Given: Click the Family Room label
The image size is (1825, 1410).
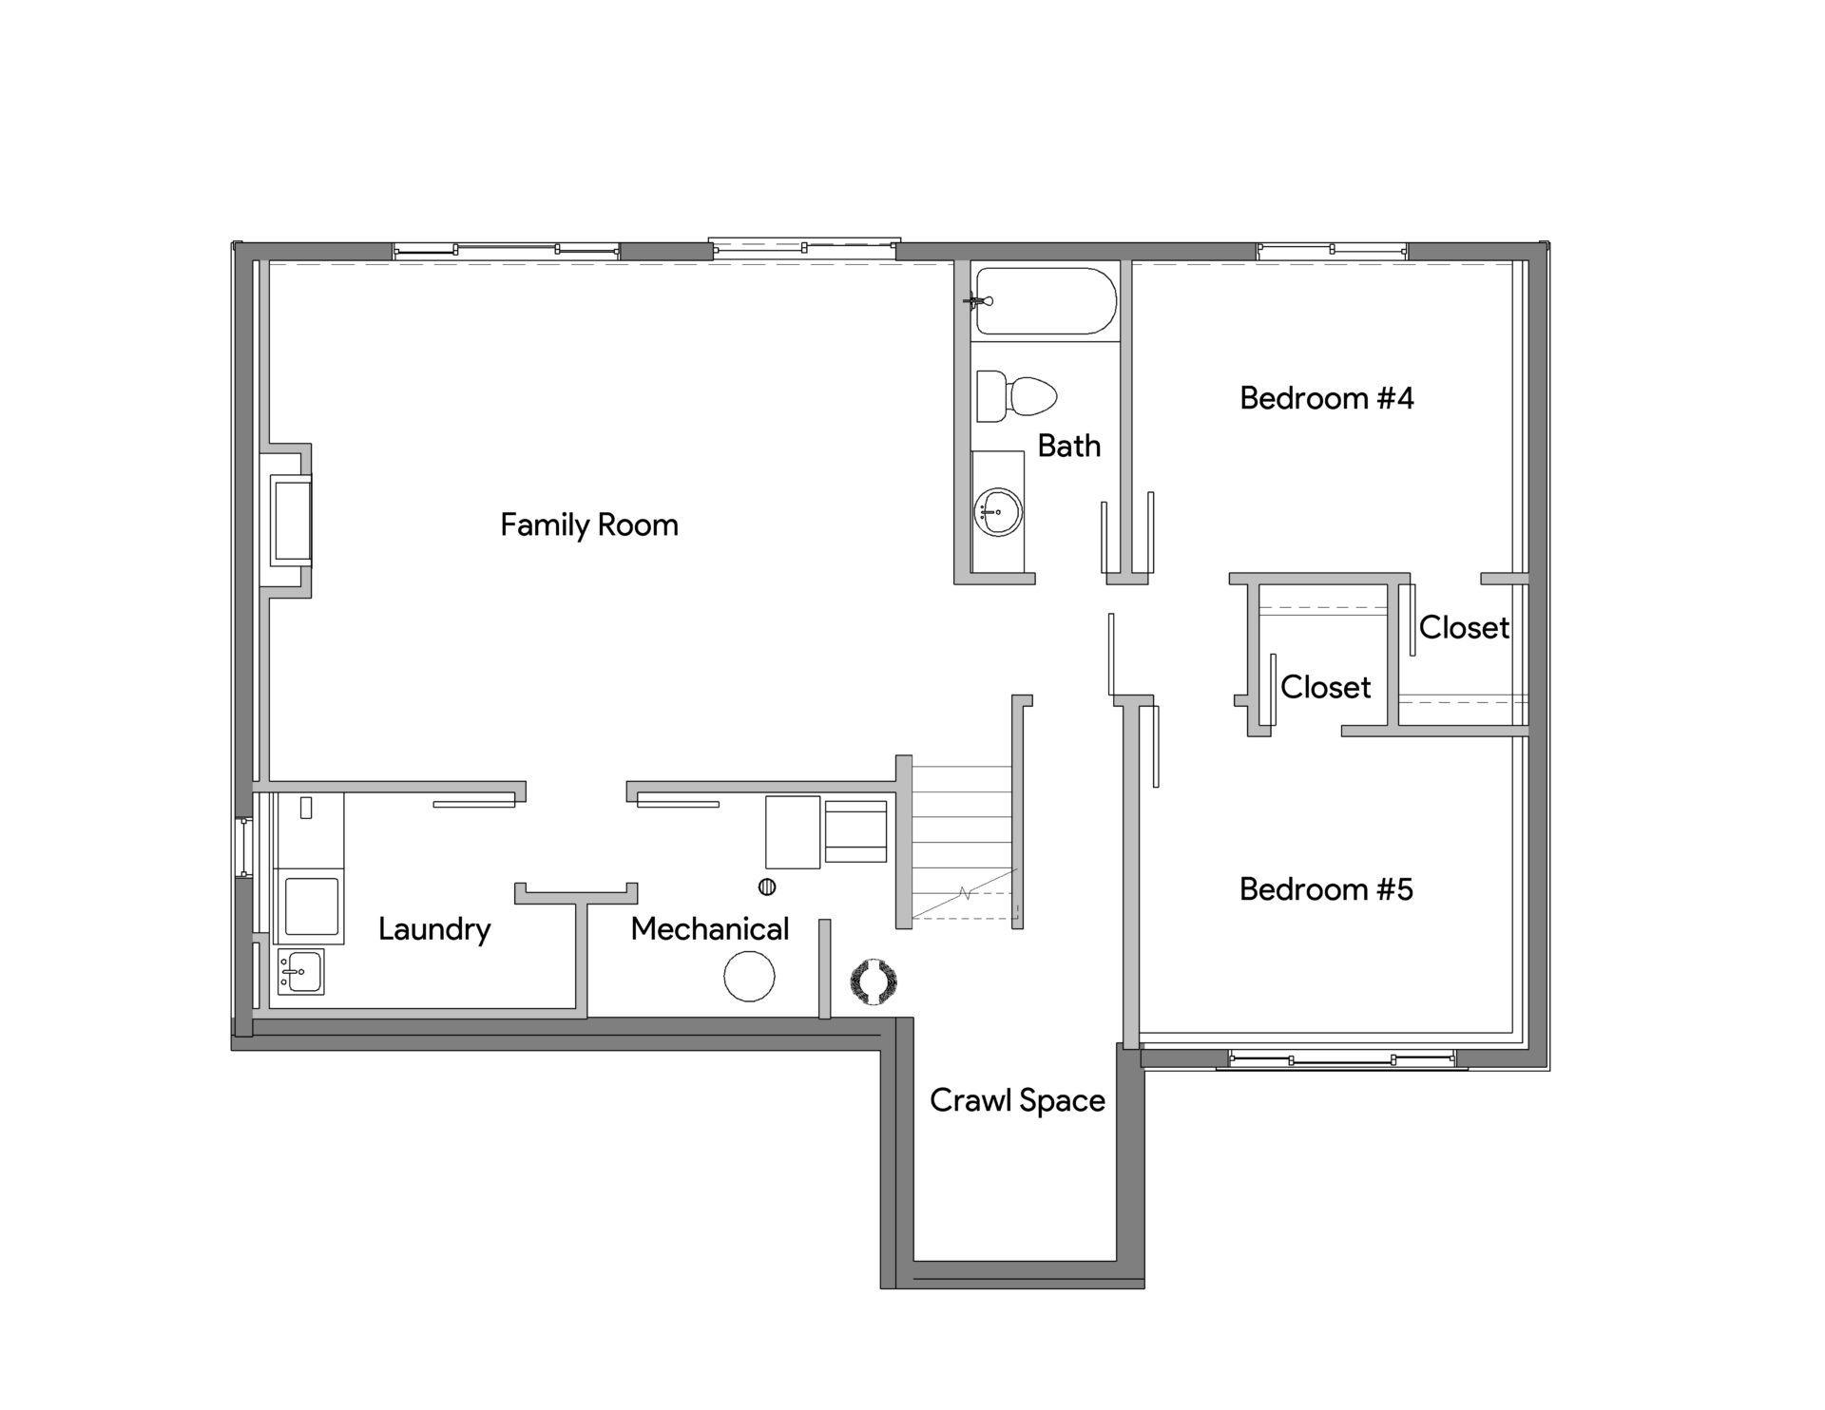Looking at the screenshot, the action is point(589,525).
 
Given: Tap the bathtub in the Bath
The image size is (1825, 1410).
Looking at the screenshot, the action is point(1046,301).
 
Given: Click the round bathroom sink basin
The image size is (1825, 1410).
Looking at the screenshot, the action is point(998,513).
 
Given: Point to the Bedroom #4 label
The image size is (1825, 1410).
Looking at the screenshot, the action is point(1327,398).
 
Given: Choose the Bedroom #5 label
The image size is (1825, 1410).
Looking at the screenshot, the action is point(1326,889).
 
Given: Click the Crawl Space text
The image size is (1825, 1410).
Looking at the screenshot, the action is point(1017,1100).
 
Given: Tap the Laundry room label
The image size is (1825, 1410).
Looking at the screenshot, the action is point(434,929).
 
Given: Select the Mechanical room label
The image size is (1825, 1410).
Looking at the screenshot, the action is point(710,929).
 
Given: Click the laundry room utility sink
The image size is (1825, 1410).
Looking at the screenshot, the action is point(300,972).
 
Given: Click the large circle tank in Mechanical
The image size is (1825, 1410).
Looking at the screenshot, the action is point(749,976).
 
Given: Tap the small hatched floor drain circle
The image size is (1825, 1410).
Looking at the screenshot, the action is point(767,887).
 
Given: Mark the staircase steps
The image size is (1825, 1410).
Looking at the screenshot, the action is point(961,842).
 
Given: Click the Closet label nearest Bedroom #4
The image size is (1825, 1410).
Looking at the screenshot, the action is point(1464,628).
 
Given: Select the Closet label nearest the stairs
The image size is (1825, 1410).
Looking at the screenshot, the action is point(1325,688).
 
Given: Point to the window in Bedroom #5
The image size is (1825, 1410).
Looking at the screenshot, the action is point(1341,1059).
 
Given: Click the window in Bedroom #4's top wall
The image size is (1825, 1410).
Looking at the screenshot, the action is point(1332,251).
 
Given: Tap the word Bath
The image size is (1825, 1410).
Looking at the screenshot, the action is point(1069,446).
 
